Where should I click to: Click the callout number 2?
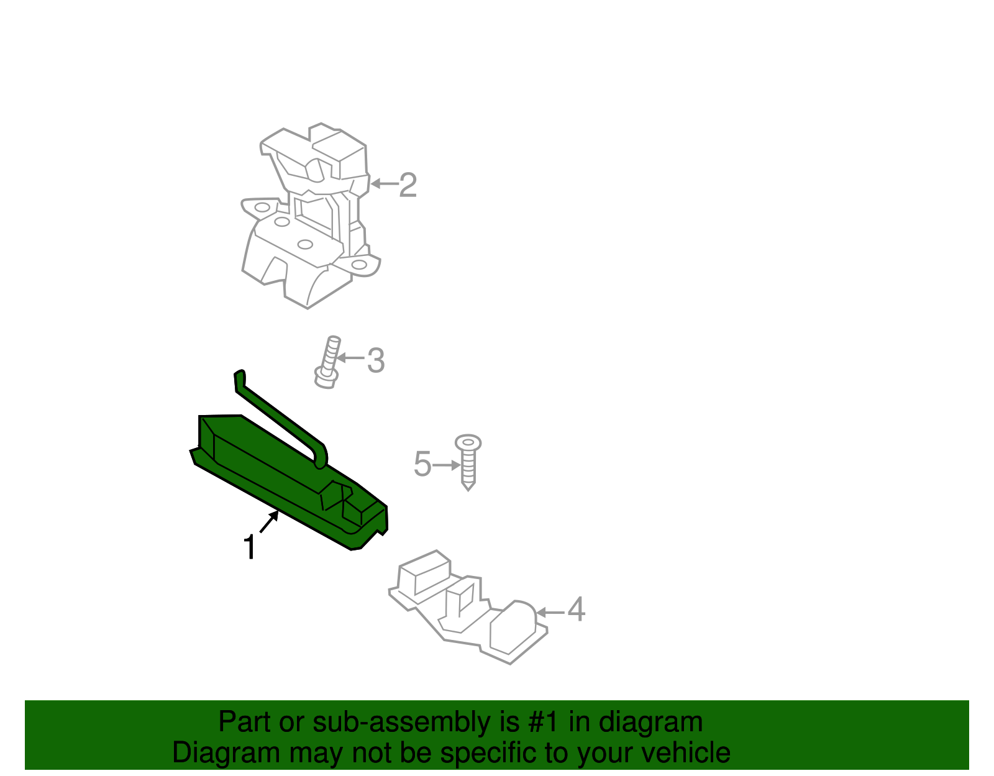click(x=408, y=185)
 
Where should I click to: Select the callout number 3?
click(x=376, y=360)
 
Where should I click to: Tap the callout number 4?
click(x=576, y=609)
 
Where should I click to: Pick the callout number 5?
click(x=422, y=465)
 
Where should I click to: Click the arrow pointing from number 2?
click(x=384, y=184)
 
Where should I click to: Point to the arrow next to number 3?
click(x=351, y=358)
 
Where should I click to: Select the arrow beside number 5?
click(x=447, y=465)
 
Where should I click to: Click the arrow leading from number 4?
click(x=550, y=613)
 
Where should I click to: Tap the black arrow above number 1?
click(x=269, y=522)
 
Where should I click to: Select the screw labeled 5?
click(x=468, y=463)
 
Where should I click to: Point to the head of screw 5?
click(x=468, y=442)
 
